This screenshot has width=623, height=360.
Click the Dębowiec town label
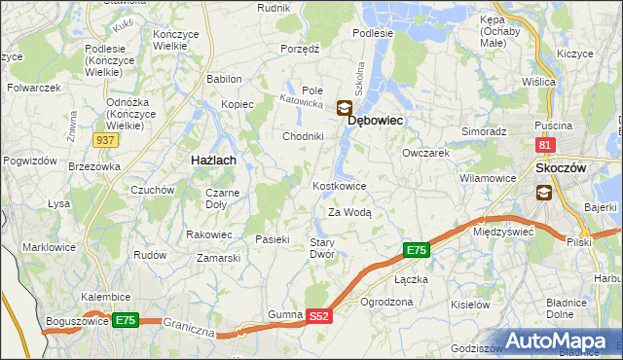tap(376, 119)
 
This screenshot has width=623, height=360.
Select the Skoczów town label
tap(561, 168)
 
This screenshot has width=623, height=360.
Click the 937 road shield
tap(107, 140)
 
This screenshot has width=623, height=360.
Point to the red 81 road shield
tap(545, 145)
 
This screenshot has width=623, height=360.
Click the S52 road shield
tap(320, 316)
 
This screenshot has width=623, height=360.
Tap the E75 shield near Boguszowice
tap(125, 319)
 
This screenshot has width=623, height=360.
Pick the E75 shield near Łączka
tap(416, 251)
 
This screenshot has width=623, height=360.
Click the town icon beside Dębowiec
tap(345, 109)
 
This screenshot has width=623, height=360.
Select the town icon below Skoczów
tap(543, 192)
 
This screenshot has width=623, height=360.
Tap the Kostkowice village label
tap(339, 185)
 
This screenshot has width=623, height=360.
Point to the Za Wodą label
tap(349, 212)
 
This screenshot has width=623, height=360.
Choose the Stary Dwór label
tap(322, 248)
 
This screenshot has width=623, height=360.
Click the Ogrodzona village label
tap(386, 303)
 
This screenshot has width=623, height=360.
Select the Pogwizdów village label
tap(27, 160)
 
